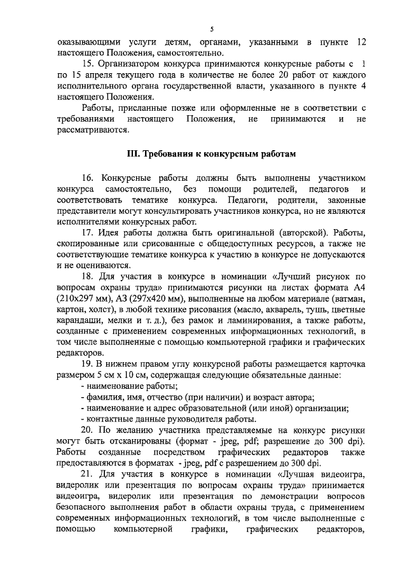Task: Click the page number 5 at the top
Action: tap(212, 29)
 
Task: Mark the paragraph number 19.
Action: tap(90, 363)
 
